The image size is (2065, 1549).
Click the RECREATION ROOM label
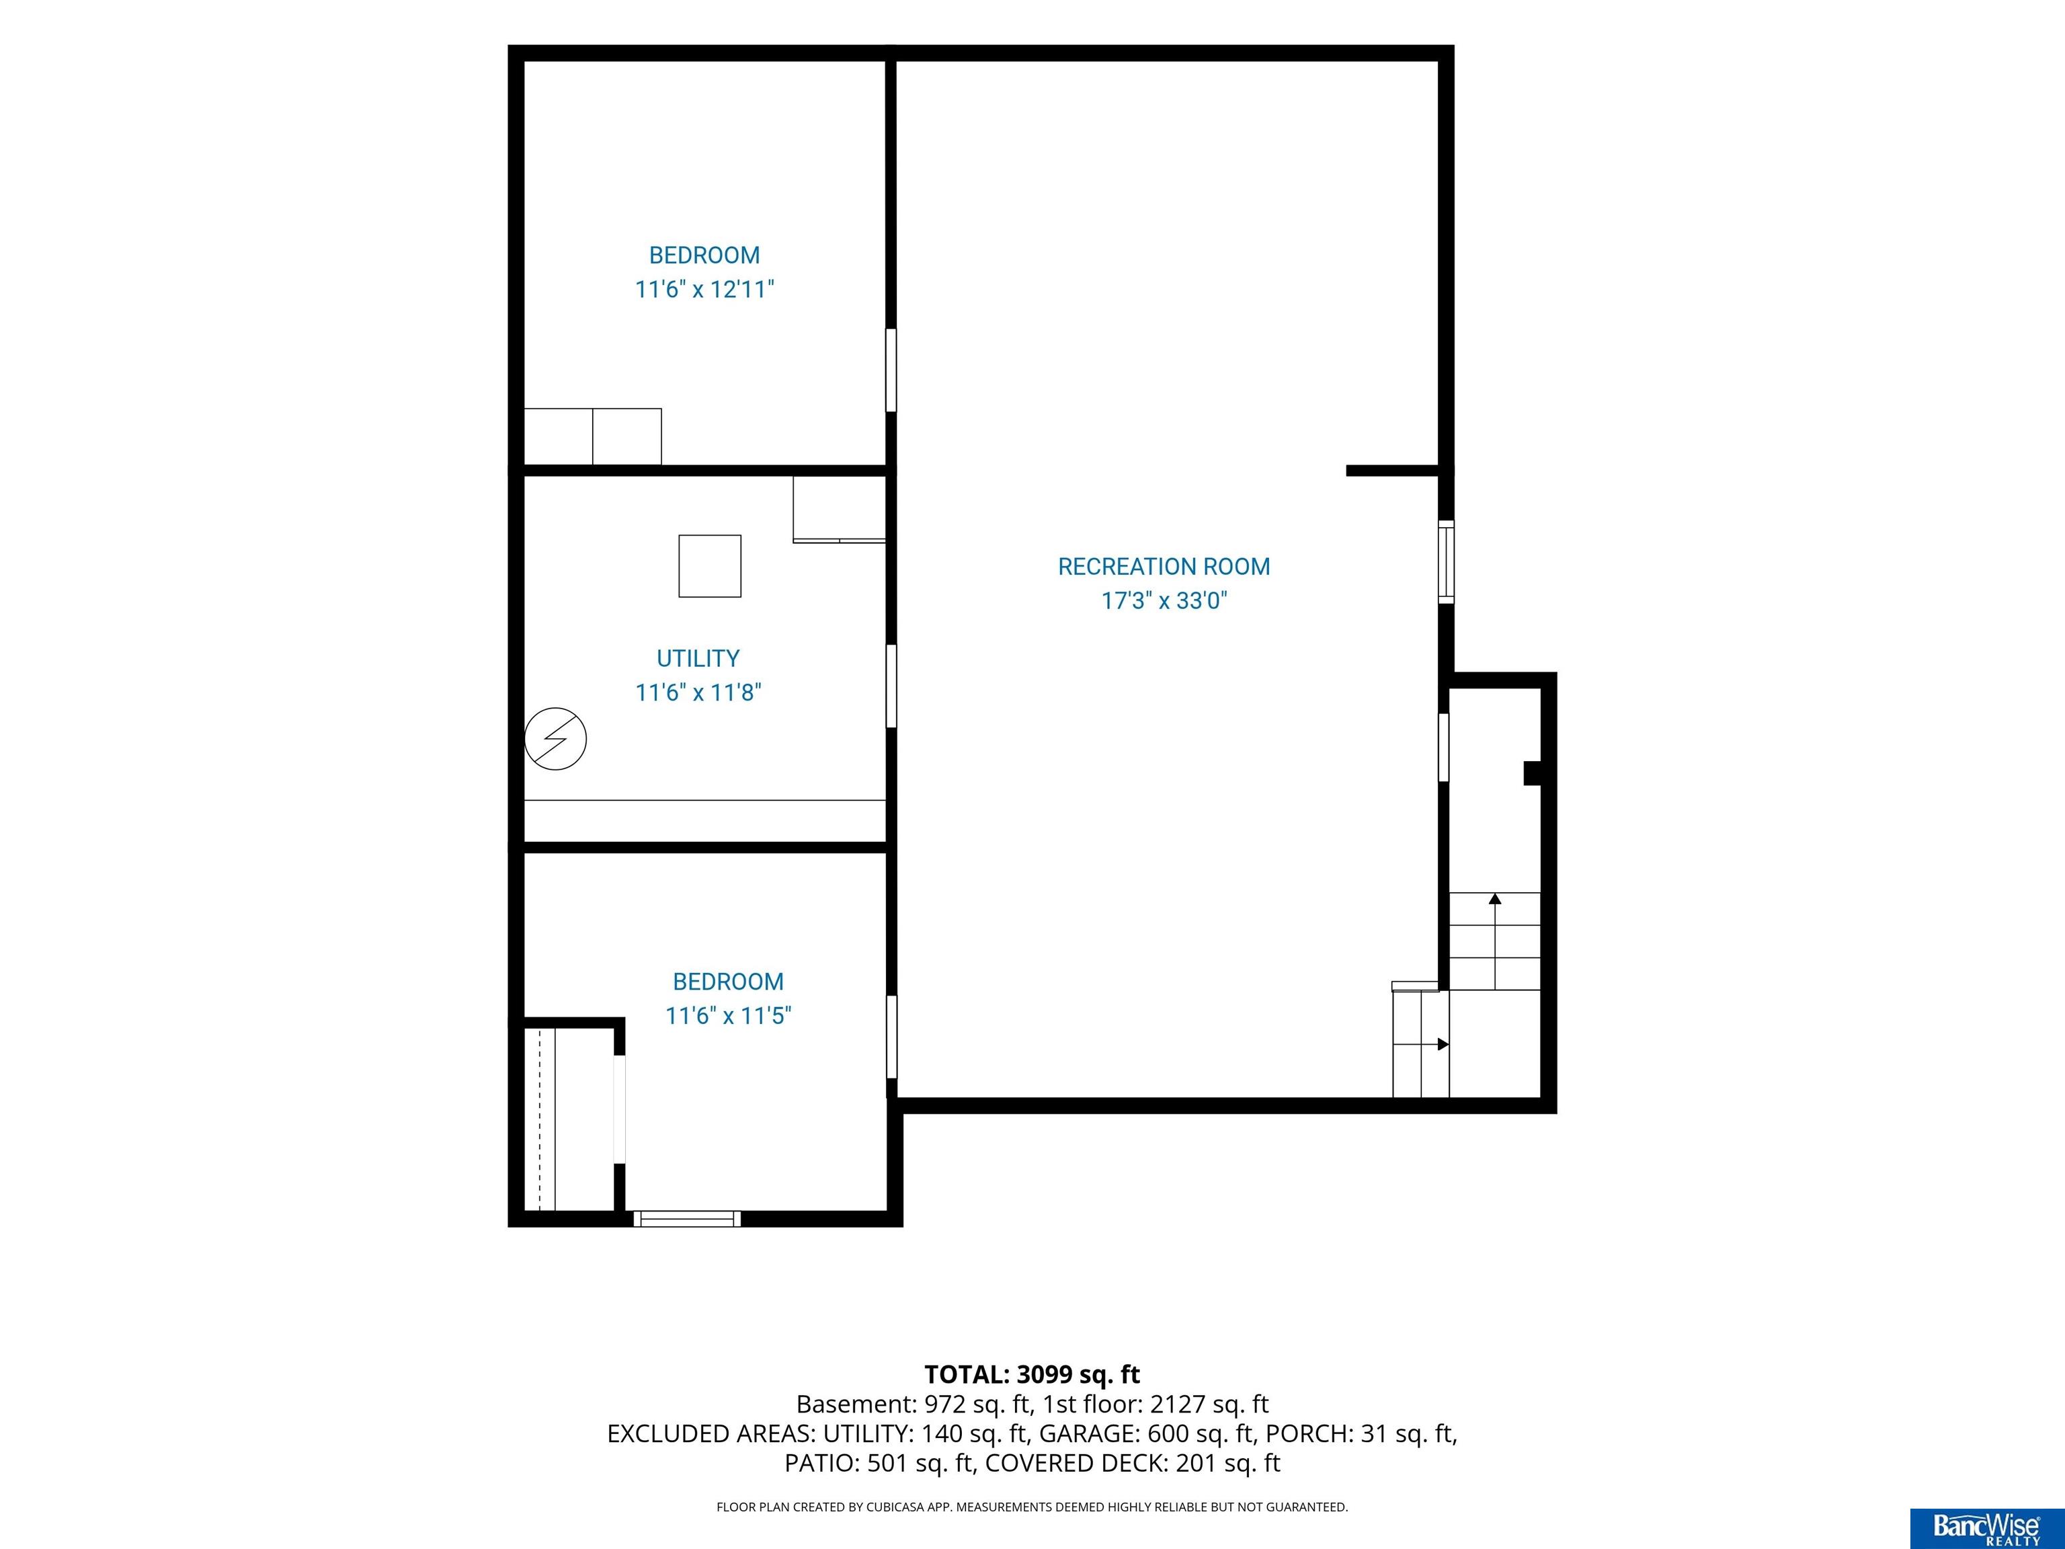point(1163,567)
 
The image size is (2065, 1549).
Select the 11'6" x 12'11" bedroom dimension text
point(705,290)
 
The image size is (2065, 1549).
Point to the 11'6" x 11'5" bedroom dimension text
point(728,1016)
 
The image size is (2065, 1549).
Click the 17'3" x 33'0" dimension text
point(1164,600)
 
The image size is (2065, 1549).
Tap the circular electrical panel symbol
point(555,740)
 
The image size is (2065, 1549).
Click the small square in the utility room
point(709,566)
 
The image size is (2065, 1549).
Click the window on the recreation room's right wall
point(1446,561)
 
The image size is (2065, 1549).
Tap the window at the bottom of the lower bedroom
point(687,1218)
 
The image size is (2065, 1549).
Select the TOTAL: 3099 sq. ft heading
point(1032,1374)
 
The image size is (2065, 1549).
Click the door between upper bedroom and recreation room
point(891,370)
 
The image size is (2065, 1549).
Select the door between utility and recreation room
point(891,686)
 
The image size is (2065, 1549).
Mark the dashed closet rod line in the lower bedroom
point(540,1119)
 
